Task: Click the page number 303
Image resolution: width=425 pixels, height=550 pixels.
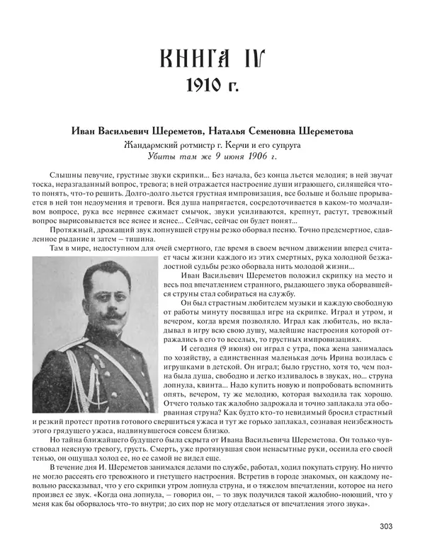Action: (x=385, y=525)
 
